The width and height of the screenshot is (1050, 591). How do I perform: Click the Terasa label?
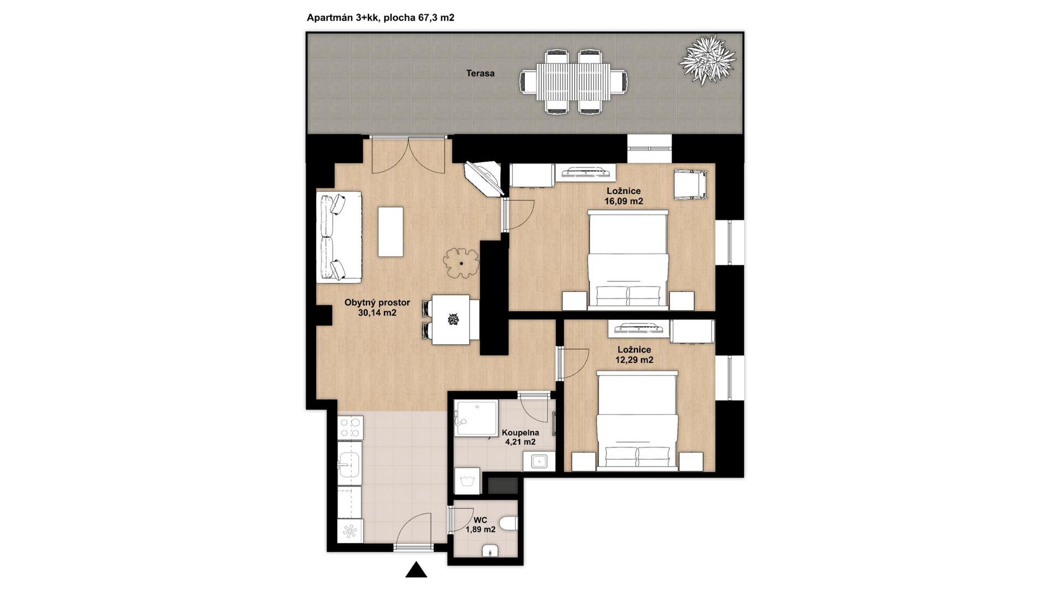click(480, 73)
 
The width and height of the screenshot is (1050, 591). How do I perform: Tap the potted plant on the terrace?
click(707, 60)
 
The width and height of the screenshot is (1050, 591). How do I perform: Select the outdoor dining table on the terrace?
click(573, 82)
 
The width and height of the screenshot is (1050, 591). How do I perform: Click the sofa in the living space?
click(339, 237)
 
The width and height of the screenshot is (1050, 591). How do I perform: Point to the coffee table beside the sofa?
click(390, 231)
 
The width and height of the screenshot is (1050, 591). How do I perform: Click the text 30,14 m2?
click(377, 313)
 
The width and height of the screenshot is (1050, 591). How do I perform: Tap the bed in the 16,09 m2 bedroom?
click(628, 259)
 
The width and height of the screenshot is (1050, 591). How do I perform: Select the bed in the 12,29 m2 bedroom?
click(637, 420)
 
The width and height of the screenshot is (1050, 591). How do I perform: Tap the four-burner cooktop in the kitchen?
click(350, 428)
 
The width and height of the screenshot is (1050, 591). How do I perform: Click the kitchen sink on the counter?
click(349, 463)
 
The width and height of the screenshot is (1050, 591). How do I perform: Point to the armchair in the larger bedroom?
click(691, 184)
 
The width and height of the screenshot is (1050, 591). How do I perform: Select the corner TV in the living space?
click(483, 177)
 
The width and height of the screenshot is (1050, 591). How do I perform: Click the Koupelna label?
click(520, 433)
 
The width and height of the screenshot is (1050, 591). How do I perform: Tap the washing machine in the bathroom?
click(467, 481)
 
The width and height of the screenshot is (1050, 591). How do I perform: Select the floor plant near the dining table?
click(461, 263)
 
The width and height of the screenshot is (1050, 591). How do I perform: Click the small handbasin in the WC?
click(490, 551)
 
